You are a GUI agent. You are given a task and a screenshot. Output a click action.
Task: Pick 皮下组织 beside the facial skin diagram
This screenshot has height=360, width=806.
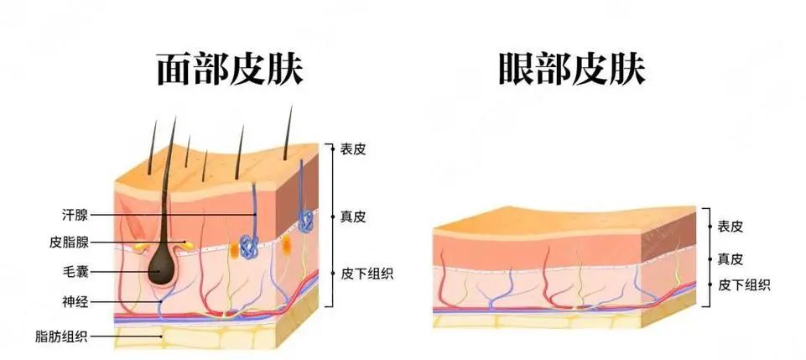point(368,273)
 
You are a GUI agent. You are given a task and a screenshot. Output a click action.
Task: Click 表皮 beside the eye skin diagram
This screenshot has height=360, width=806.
point(731,226)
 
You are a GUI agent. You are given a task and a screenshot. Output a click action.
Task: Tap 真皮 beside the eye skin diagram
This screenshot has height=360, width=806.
point(731,259)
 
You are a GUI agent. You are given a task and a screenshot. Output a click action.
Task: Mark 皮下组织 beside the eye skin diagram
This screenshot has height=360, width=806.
point(745,284)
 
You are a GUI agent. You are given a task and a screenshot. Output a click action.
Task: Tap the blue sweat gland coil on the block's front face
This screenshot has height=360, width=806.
point(247,246)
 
